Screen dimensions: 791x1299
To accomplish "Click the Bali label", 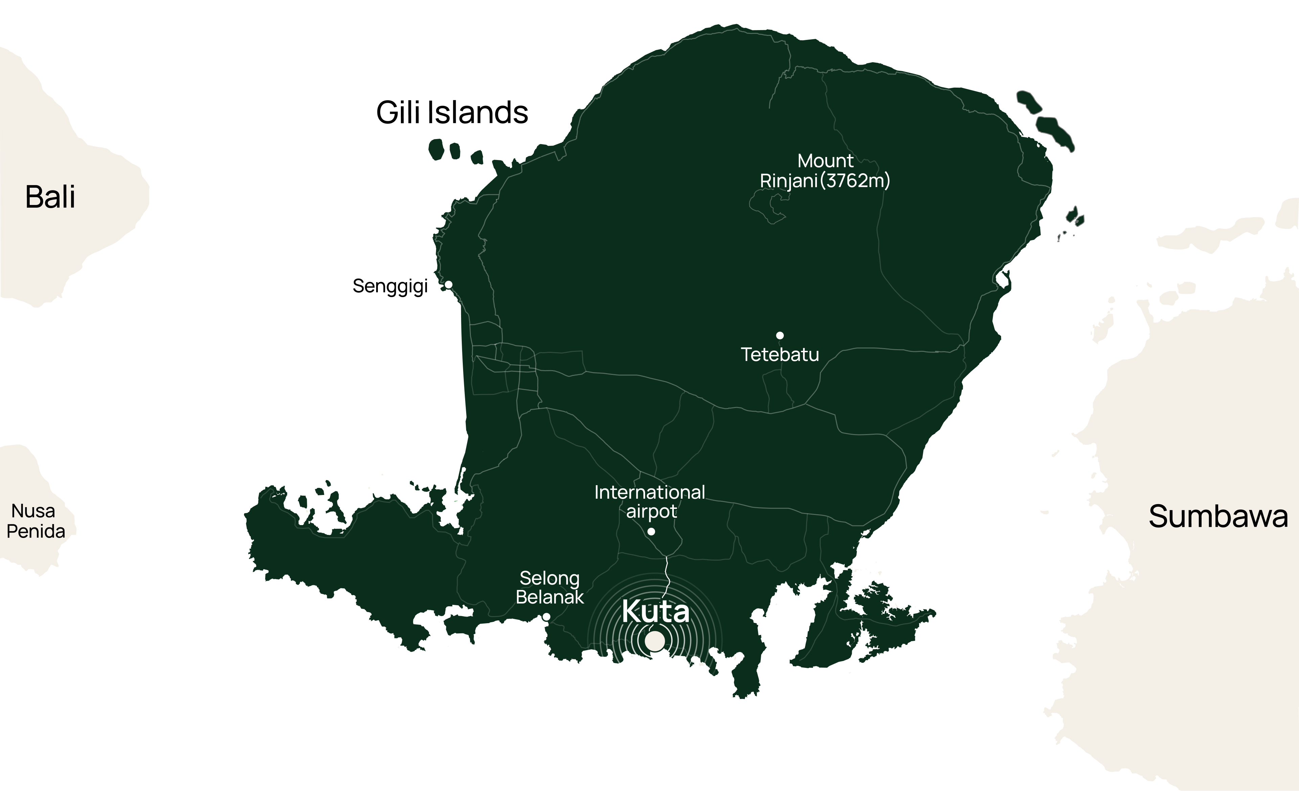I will pos(50,197).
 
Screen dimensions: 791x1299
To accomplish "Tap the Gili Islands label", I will pos(452,113).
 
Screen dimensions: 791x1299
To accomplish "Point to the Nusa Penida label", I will pos(35,521).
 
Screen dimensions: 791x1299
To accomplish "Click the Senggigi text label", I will pos(390,286).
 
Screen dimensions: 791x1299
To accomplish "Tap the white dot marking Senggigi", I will pos(449,284).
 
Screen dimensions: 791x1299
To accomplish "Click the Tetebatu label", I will pos(780,354).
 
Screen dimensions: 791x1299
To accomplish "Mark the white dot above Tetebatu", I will pos(780,335).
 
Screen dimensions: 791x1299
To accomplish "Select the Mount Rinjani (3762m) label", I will pos(825,171).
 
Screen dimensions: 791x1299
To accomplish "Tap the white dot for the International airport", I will pos(651,532).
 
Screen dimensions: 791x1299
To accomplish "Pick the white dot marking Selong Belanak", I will pos(547,616).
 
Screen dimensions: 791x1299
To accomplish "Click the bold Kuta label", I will pos(655,612).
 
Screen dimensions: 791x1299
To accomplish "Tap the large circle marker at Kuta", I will pos(655,641).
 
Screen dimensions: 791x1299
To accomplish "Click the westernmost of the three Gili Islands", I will pos(436,149).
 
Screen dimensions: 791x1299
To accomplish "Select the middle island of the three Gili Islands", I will pos(454,151).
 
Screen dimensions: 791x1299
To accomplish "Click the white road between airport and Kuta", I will pos(667,572).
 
